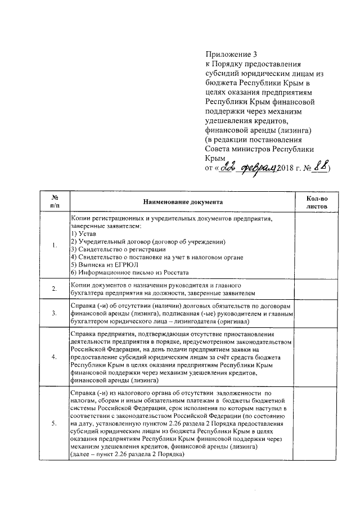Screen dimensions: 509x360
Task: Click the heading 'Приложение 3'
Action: click(230, 55)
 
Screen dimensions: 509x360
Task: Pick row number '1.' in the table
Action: click(55, 245)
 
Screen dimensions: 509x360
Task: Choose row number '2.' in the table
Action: click(55, 289)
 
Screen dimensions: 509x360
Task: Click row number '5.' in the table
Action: click(55, 424)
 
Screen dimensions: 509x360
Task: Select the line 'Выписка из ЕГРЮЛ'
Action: click(107, 264)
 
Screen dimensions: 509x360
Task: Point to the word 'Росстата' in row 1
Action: click(174, 272)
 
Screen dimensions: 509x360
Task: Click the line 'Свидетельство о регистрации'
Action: click(120, 249)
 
